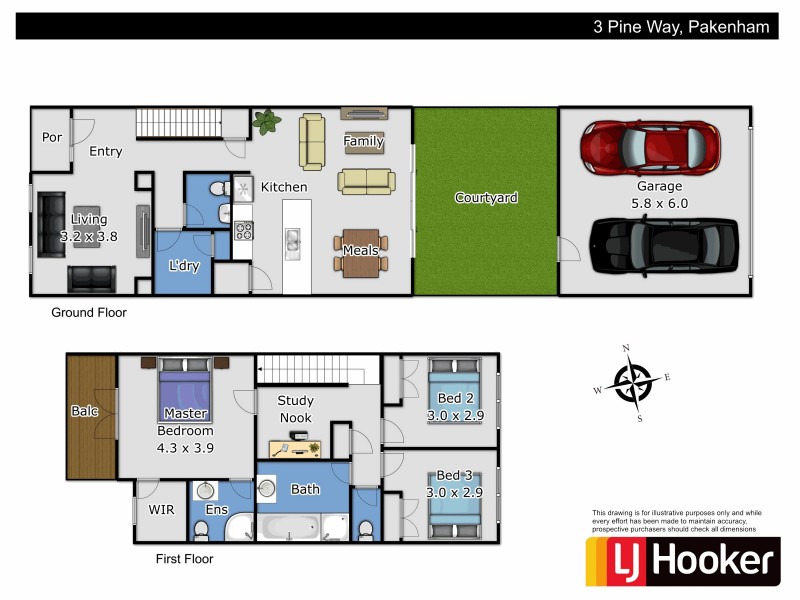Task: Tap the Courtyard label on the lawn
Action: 486,198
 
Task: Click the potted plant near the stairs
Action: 267,123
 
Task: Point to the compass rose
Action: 632,381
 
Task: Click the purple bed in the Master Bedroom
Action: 185,392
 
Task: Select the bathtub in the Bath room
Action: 291,526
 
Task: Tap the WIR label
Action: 161,510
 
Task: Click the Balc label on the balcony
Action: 84,411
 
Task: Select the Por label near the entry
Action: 51,137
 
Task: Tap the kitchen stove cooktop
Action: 242,231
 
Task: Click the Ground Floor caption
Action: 89,313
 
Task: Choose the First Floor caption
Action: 184,559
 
